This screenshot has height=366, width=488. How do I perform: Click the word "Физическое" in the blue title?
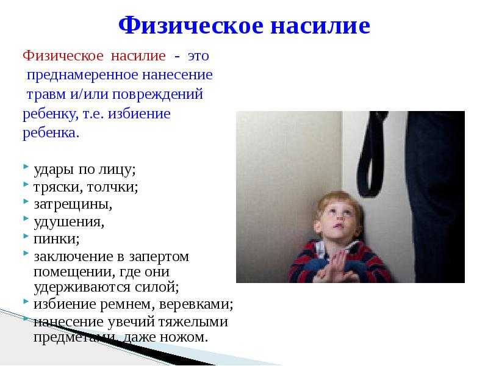pyautogui.click(x=191, y=25)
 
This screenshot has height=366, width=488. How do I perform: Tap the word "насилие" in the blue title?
pyautogui.click(x=320, y=26)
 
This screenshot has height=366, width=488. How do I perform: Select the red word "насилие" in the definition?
pyautogui.click(x=138, y=56)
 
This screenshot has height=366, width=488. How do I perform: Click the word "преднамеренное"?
pyautogui.click(x=82, y=75)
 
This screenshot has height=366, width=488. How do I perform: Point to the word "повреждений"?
pyautogui.click(x=157, y=95)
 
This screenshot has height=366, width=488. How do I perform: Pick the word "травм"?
pyautogui.click(x=46, y=95)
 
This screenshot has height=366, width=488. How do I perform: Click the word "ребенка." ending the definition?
pyautogui.click(x=51, y=133)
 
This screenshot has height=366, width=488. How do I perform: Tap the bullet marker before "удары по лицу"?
pyautogui.click(x=26, y=167)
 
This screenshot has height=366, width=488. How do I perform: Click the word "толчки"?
pyautogui.click(x=112, y=187)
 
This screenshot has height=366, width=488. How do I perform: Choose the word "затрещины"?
pyautogui.click(x=73, y=204)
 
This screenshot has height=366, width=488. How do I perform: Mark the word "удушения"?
pyautogui.click(x=68, y=222)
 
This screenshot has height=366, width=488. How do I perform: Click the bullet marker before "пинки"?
pyautogui.click(x=26, y=236)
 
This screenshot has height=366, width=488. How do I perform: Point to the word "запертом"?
pyautogui.click(x=159, y=257)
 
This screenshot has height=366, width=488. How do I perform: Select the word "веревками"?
pyautogui.click(x=195, y=304)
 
